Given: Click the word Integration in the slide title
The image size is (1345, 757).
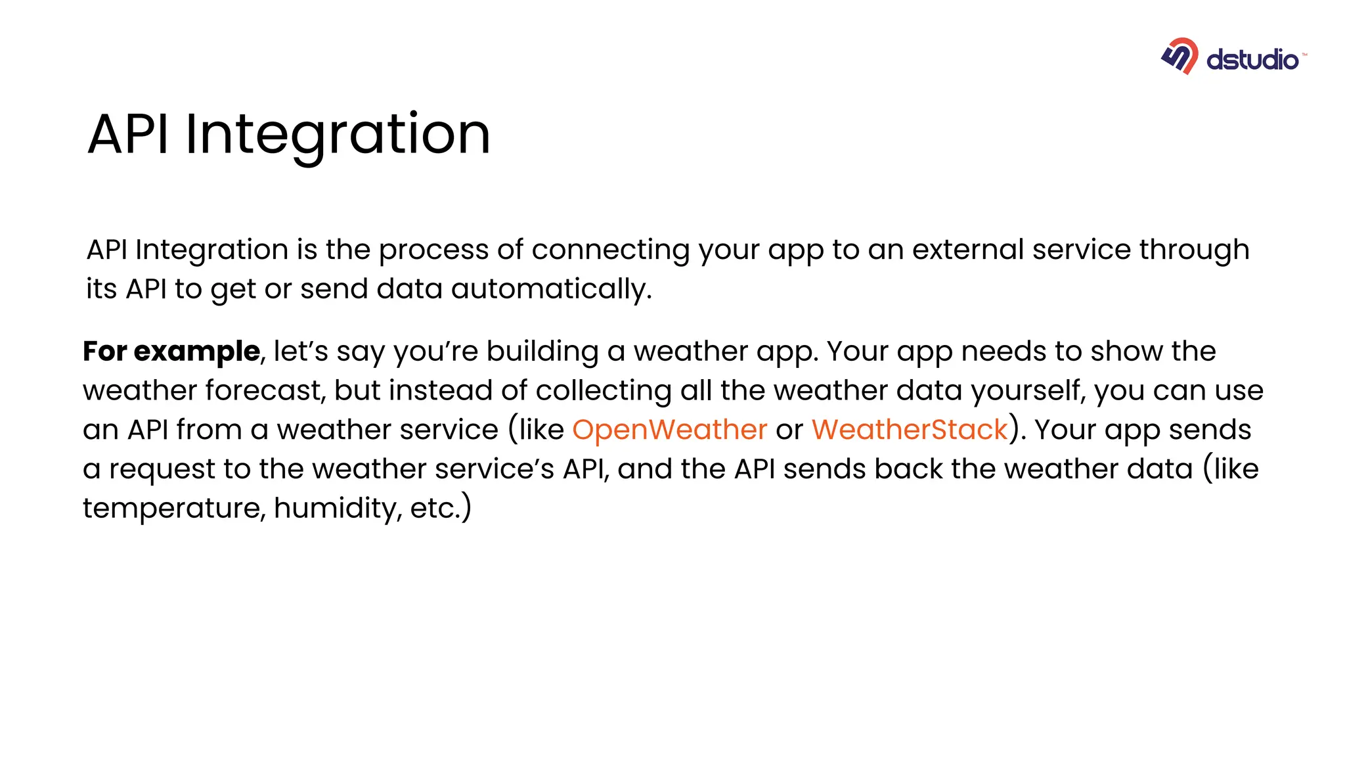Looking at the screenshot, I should click(x=338, y=134).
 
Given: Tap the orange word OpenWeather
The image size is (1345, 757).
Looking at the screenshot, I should click(x=669, y=430).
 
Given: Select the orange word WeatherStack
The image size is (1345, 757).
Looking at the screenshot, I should click(x=910, y=430).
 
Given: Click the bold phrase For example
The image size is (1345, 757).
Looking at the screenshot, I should click(x=171, y=352).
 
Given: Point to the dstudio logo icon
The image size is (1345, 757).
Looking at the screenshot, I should click(x=1180, y=57).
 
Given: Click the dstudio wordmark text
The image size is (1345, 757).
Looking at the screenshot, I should click(x=1252, y=60).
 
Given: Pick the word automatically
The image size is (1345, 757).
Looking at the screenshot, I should click(x=551, y=289).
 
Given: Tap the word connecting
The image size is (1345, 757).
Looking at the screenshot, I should click(x=610, y=250).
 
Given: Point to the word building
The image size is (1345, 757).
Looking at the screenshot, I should click(x=542, y=352).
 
